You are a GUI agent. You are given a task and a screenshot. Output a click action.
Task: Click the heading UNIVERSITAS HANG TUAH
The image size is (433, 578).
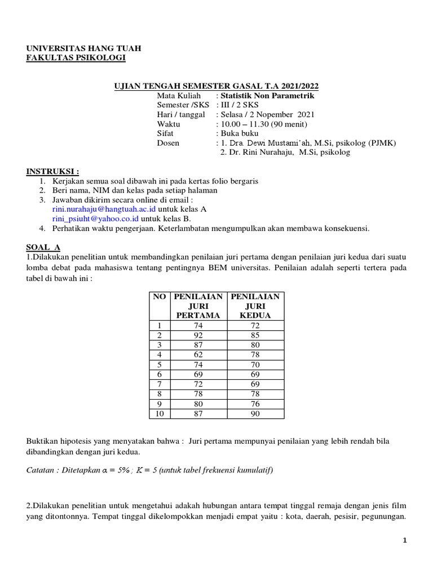click(84, 49)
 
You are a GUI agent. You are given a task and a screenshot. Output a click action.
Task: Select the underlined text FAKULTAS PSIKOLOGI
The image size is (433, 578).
click(77, 58)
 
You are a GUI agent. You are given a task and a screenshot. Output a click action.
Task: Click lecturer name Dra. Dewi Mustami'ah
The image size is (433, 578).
click(268, 143)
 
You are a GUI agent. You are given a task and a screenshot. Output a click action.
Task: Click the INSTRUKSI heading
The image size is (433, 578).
click(53, 172)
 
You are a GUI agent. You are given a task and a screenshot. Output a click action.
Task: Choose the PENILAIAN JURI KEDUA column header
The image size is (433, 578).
click(255, 305)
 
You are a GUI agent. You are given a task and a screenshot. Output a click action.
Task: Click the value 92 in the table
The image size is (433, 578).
click(197, 335)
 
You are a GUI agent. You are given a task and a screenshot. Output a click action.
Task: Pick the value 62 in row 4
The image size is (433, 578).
click(197, 354)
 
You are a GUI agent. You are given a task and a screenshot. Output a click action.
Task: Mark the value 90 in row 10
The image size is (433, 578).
click(255, 414)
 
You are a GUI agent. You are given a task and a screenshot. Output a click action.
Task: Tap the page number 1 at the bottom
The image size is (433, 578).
click(405, 540)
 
